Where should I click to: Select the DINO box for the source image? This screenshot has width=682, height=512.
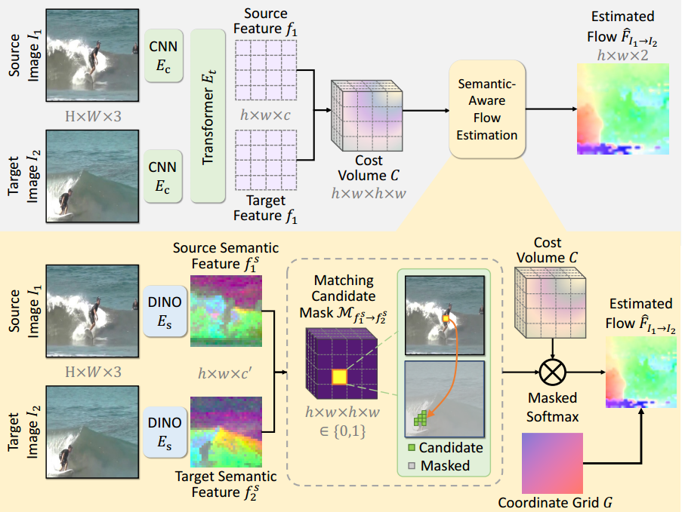[x=164, y=310]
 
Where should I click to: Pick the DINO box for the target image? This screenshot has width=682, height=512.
[x=164, y=433]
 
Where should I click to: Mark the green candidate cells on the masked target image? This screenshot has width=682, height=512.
[x=420, y=417]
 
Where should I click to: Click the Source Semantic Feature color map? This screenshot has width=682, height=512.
[x=226, y=308]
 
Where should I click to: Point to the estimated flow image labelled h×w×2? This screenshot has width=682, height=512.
[x=624, y=108]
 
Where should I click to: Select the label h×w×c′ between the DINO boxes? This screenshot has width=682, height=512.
[x=225, y=372]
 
